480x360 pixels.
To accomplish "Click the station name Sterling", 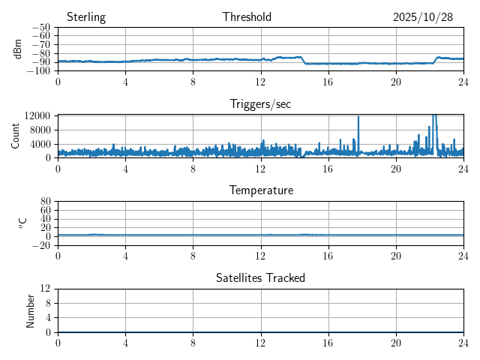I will click(86, 17).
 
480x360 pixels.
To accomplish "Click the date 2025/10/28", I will click(423, 17).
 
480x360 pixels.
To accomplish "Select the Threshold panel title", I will click(247, 17).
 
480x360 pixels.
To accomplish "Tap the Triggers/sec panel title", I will click(260, 104).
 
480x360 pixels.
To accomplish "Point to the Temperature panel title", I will click(260, 190).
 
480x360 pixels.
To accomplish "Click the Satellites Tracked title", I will click(260, 277).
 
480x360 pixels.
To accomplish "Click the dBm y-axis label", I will click(18, 49).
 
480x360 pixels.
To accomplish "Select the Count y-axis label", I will click(16, 136).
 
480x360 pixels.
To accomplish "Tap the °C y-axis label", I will click(22, 223).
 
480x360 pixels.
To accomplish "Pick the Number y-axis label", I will click(31, 310).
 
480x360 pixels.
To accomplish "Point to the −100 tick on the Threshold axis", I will click(40, 71).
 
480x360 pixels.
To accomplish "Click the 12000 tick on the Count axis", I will click(37, 115).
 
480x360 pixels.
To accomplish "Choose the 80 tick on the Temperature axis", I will click(46, 202).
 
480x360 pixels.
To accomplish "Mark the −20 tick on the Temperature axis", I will click(42, 245).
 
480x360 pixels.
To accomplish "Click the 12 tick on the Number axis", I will click(46, 289).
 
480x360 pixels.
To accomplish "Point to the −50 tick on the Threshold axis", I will click(42, 28).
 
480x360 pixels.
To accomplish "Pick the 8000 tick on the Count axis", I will click(40, 129).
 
